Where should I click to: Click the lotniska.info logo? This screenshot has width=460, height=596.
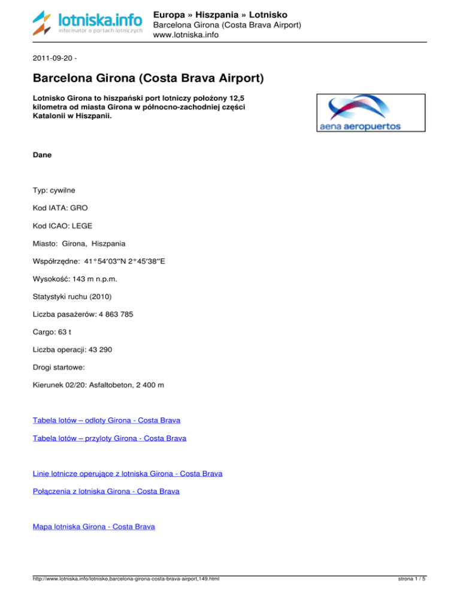tap(87, 23)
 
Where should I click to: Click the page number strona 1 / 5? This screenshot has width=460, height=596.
tap(413, 580)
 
